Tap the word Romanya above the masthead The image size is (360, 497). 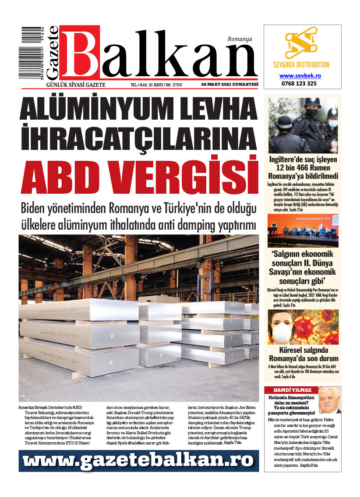(x=240, y=39)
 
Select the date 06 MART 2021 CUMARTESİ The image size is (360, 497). (x=229, y=85)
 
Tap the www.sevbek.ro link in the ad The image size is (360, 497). (x=300, y=75)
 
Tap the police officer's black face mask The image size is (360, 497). (x=311, y=112)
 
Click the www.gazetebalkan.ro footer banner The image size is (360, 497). (x=138, y=460)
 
